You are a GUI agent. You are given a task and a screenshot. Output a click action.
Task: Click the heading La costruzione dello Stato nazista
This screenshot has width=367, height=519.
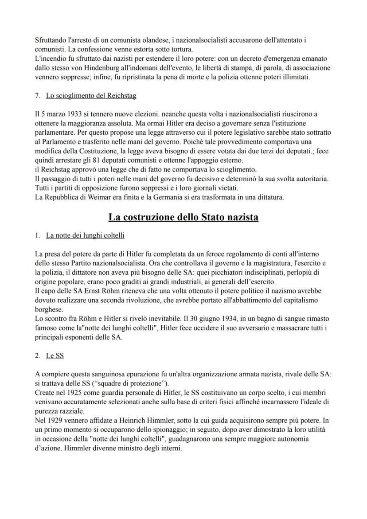[183, 217]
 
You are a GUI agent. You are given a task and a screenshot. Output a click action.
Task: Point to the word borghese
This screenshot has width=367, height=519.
[48, 309]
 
